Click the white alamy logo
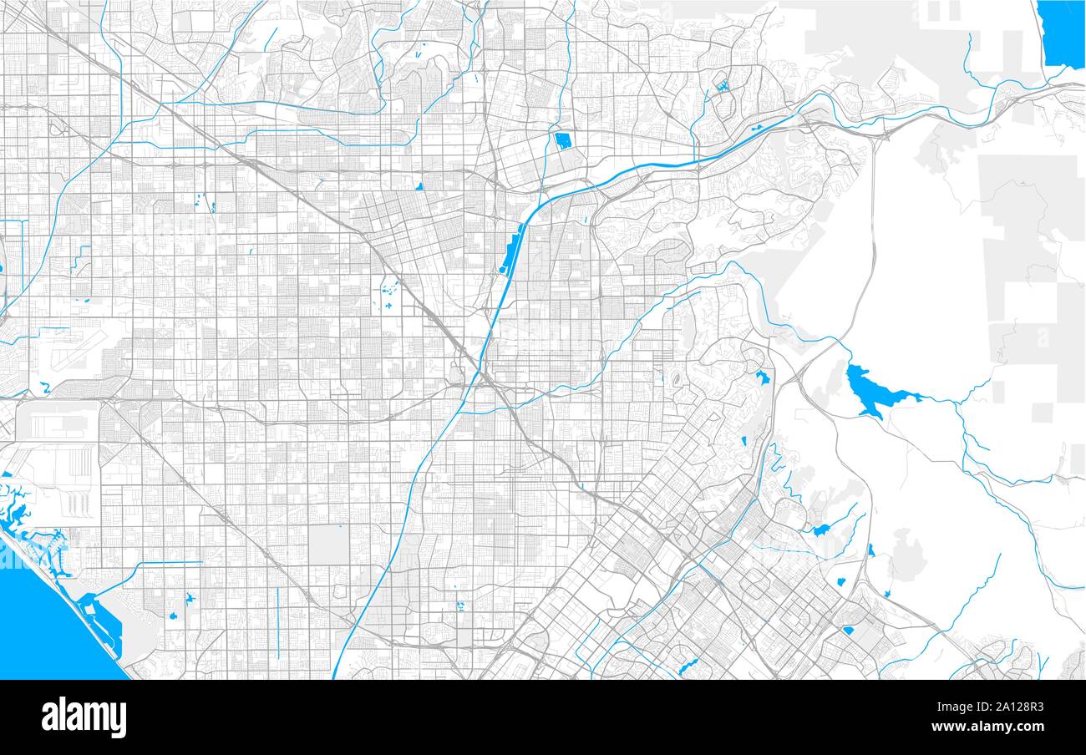click(84, 717)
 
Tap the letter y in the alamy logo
click(119, 720)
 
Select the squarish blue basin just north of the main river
click(562, 140)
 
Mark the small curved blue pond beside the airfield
click(44, 387)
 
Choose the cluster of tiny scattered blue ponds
click(388, 294)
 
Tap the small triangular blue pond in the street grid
click(419, 185)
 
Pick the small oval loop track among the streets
click(676, 381)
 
